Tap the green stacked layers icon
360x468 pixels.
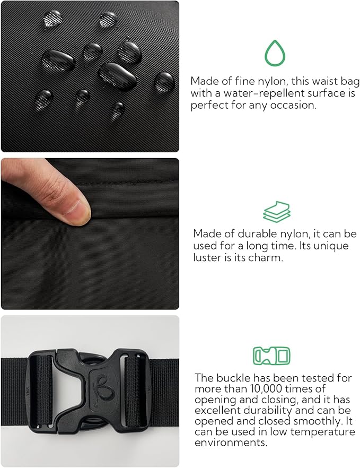pos(277,212)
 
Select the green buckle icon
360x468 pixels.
pos(271,356)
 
